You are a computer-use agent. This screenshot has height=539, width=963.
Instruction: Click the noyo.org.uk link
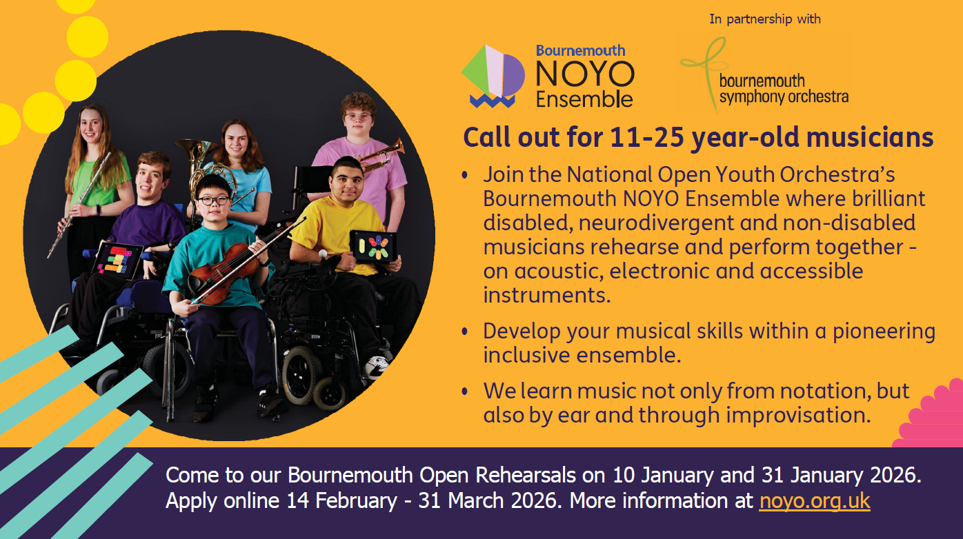[x=815, y=500]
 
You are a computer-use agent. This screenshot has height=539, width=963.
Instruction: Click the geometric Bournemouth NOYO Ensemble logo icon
[x=493, y=76]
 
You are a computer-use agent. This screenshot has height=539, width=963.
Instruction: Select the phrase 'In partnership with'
[x=765, y=19]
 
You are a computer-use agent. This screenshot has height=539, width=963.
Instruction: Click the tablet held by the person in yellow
[x=373, y=245]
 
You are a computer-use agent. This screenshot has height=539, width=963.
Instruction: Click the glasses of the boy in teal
[x=212, y=201]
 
